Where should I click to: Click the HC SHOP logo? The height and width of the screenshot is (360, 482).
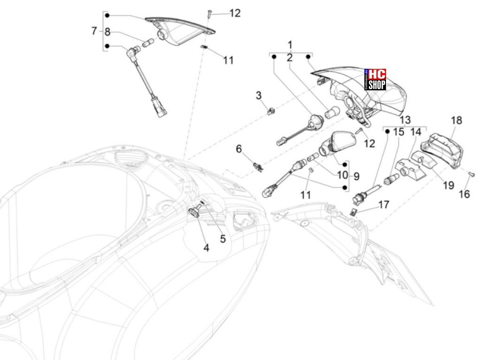tap(375, 79)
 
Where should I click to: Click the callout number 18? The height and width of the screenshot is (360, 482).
tap(456, 121)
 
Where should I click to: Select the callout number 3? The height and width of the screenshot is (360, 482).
tap(259, 96)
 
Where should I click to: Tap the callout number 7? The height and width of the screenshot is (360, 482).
tap(94, 31)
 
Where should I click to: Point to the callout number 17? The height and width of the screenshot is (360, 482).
tap(384, 204)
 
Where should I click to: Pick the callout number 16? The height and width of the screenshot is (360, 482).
tap(464, 194)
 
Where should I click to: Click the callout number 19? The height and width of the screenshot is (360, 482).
tap(449, 185)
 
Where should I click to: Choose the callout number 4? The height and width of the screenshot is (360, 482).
tap(206, 248)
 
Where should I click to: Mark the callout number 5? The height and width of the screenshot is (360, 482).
tap(223, 239)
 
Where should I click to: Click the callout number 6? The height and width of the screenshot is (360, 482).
tap(239, 149)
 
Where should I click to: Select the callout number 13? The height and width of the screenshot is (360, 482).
tap(405, 120)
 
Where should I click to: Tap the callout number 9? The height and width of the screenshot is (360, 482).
tap(356, 176)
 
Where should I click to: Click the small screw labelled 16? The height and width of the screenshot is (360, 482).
tap(471, 175)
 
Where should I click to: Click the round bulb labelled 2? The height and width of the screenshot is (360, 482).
tap(332, 113)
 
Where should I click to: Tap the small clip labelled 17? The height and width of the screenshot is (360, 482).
tap(353, 212)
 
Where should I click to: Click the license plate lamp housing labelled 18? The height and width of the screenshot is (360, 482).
tap(442, 150)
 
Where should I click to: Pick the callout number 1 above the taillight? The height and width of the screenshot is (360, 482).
tap(290, 45)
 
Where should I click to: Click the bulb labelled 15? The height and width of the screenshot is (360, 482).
tap(391, 179)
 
